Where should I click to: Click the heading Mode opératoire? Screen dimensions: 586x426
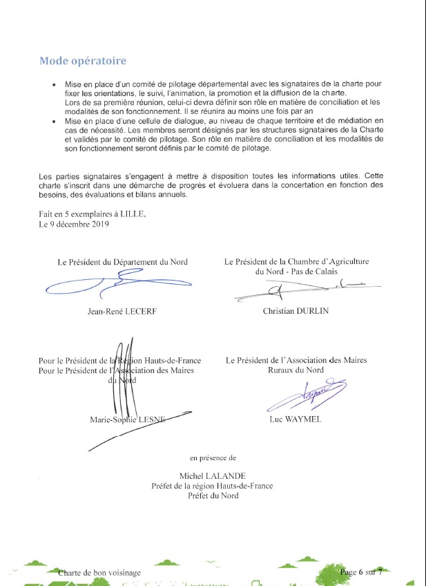[83, 61]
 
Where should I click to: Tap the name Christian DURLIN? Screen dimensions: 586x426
[296, 311]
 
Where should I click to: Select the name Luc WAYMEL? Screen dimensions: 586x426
[296, 419]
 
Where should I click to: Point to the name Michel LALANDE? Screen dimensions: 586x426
[212, 476]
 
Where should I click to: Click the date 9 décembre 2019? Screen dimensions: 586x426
[72, 223]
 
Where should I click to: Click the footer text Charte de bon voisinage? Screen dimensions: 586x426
[99, 573]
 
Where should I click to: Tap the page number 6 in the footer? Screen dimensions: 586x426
[360, 572]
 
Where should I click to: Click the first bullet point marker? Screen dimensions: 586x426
[55, 84]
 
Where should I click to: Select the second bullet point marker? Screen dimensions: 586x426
[55, 121]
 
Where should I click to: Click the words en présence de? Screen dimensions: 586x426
[212, 457]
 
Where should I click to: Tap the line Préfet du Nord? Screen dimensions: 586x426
[212, 495]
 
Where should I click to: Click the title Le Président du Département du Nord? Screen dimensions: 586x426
[122, 262]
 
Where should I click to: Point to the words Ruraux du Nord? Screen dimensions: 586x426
[296, 370]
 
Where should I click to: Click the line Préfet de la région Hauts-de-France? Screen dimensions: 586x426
[212, 486]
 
